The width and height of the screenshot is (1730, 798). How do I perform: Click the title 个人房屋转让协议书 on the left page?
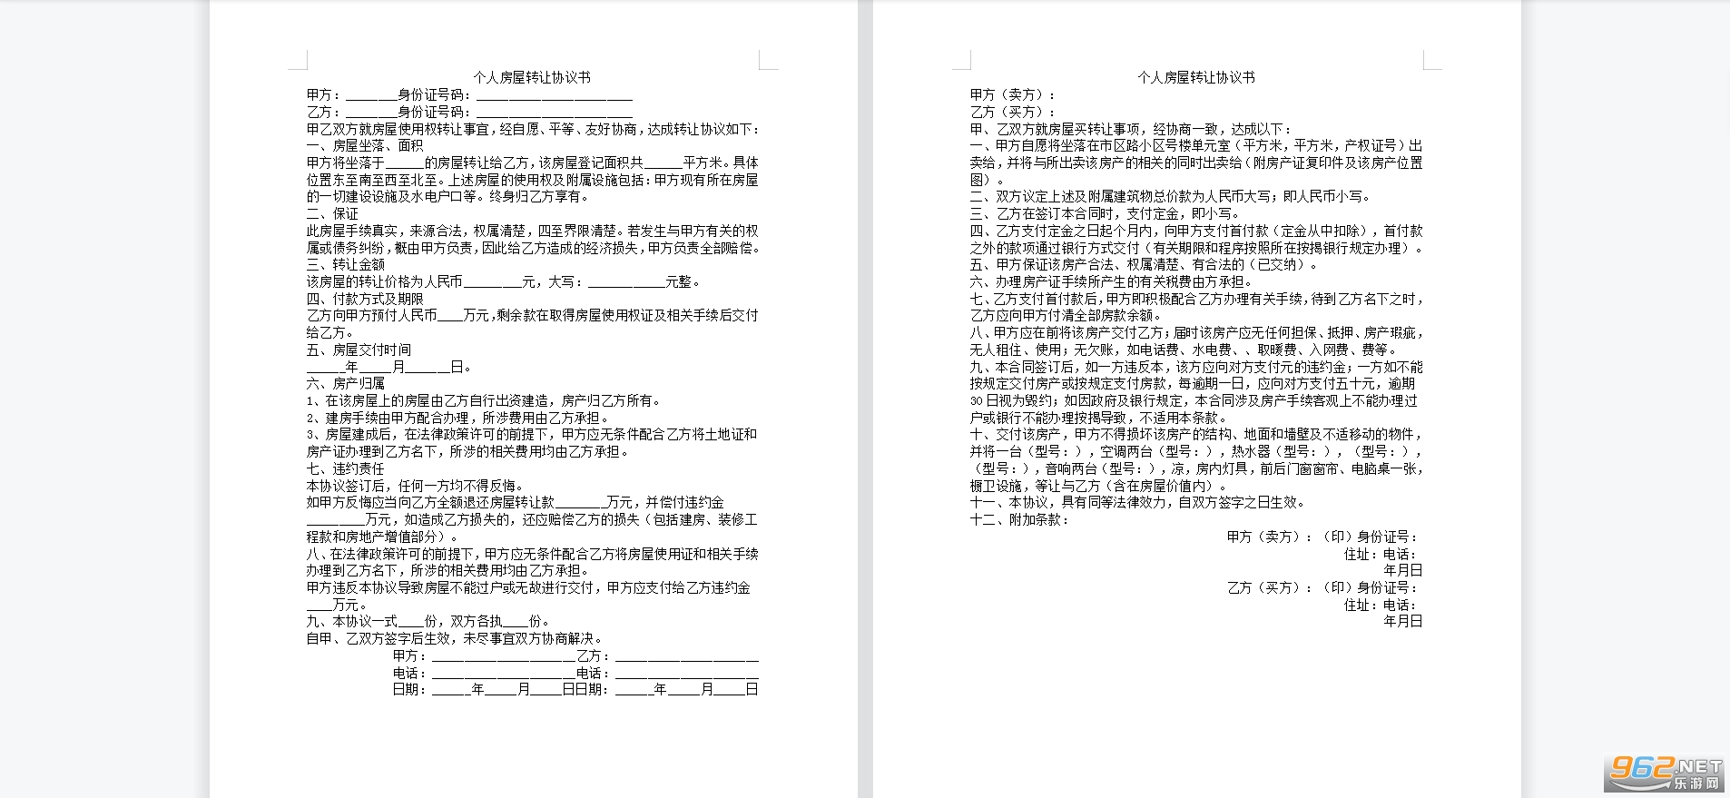(x=532, y=78)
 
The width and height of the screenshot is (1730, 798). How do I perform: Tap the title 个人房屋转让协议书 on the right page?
(x=1196, y=78)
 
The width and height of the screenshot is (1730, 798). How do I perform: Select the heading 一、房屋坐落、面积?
(x=365, y=145)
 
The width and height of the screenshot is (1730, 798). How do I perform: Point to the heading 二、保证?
(x=332, y=213)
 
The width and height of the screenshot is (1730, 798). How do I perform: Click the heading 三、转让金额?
(x=346, y=264)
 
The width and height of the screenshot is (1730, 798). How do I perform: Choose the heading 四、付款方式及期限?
(x=365, y=299)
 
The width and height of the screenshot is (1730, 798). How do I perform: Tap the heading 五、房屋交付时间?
(x=359, y=350)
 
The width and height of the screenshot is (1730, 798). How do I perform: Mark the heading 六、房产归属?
(x=346, y=383)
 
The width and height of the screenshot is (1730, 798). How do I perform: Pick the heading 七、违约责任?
(x=346, y=468)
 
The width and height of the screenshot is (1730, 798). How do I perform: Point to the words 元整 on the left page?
(x=679, y=282)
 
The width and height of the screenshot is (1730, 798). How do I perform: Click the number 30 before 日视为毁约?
(x=977, y=401)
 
